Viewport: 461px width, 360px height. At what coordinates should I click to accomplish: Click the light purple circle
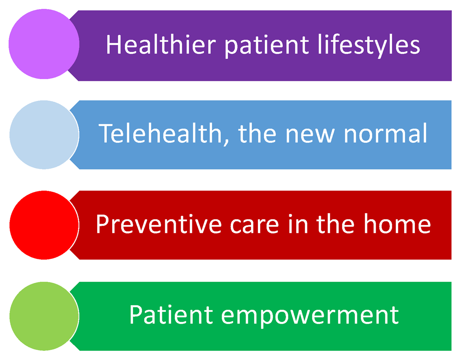[x=44, y=44]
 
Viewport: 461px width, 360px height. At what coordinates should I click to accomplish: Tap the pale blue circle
[x=44, y=135]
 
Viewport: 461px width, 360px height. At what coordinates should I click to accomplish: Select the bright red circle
[x=44, y=225]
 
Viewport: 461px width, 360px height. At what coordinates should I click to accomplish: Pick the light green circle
[x=44, y=316]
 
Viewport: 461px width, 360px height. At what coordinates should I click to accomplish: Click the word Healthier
[x=161, y=45]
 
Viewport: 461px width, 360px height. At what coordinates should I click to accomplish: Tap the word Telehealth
[x=160, y=134]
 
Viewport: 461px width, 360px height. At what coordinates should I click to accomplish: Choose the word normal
[x=385, y=134]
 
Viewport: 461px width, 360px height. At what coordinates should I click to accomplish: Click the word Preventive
[x=159, y=225]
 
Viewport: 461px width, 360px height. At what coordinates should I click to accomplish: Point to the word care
[x=255, y=226]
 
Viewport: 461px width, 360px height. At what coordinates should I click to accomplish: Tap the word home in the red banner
[x=397, y=224]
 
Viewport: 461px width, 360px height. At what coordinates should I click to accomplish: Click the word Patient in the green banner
[x=171, y=315]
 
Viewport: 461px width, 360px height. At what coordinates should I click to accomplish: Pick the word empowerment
[x=310, y=317]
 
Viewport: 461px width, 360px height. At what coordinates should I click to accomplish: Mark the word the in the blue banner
[x=257, y=134]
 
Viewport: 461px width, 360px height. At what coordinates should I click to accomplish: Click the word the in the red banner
[x=336, y=224]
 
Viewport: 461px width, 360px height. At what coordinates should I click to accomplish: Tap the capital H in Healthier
[x=113, y=45]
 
